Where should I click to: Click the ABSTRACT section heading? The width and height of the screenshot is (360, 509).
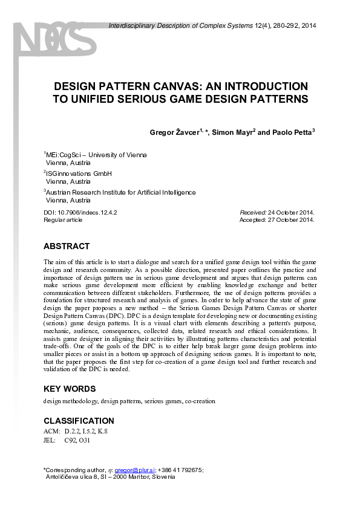[x=67, y=246]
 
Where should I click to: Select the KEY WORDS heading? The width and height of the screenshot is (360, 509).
[x=70, y=389]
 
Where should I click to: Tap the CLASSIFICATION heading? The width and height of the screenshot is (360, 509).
[x=79, y=421]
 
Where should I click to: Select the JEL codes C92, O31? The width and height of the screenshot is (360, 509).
[x=76, y=440]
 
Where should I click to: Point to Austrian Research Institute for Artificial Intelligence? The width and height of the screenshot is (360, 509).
[x=121, y=193]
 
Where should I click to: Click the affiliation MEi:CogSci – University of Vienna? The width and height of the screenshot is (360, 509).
[x=97, y=155]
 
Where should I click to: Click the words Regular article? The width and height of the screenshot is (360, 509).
[x=63, y=220]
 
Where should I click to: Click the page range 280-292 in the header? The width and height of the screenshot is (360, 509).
[x=284, y=25]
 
